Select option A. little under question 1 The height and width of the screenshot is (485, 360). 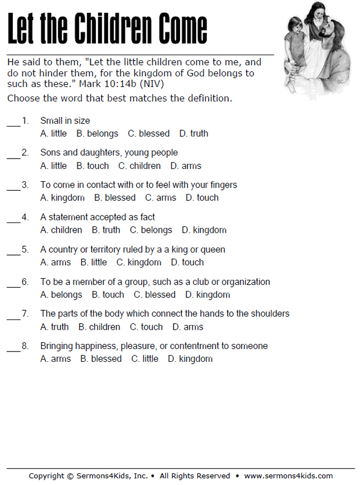(x=54, y=133)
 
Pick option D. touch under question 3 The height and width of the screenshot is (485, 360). (x=202, y=198)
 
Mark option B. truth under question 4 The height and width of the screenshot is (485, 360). (x=106, y=230)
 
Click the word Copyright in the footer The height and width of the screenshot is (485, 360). (x=47, y=475)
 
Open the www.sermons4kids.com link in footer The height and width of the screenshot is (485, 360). (x=288, y=475)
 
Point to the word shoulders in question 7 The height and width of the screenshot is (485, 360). (x=269, y=314)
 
